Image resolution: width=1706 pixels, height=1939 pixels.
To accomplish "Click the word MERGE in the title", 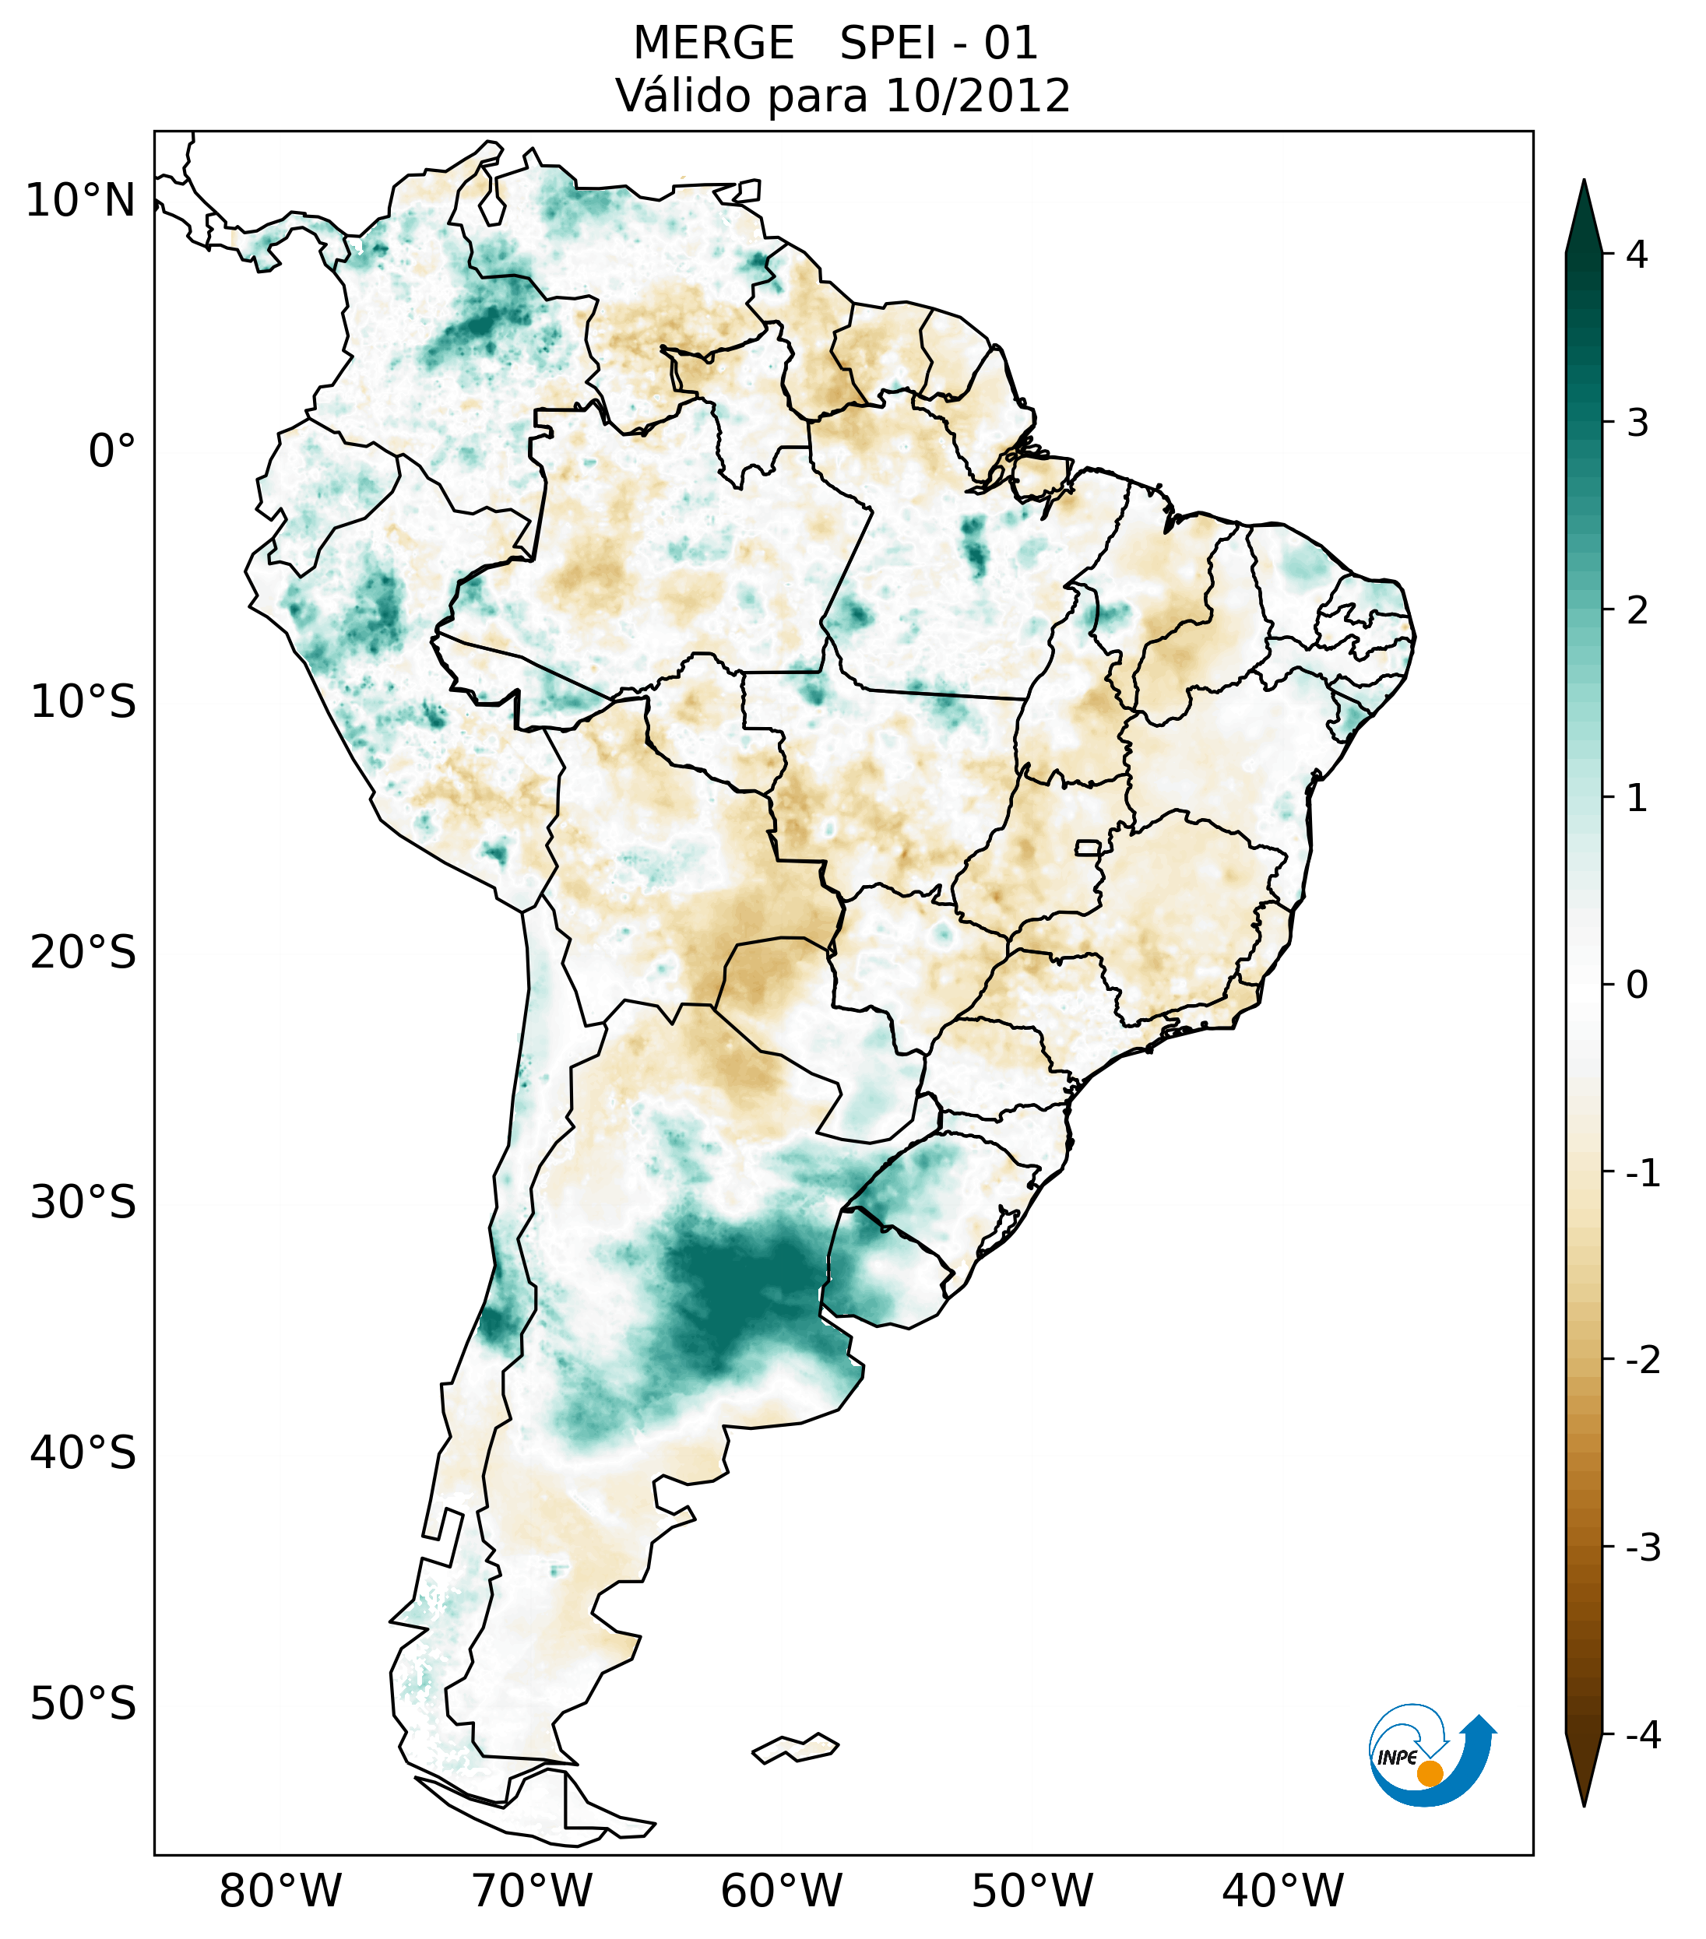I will tap(713, 44).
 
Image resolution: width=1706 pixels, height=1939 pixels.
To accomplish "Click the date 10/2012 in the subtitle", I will tap(977, 96).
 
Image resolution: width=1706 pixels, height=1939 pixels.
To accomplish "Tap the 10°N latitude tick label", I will tap(81, 201).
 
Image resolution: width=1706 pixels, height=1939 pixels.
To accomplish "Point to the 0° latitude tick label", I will tap(112, 451).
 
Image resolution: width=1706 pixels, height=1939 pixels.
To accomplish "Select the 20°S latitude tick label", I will tap(83, 953).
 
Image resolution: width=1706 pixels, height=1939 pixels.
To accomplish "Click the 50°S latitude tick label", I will tap(83, 1705).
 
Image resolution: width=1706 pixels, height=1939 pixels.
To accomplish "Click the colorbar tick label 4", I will tap(1637, 255).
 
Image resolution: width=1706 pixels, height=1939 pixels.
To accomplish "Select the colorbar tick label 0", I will tap(1637, 985).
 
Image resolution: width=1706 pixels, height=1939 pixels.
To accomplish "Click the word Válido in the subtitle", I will tap(683, 96).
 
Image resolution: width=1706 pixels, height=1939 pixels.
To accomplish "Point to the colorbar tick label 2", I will tap(1637, 611).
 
